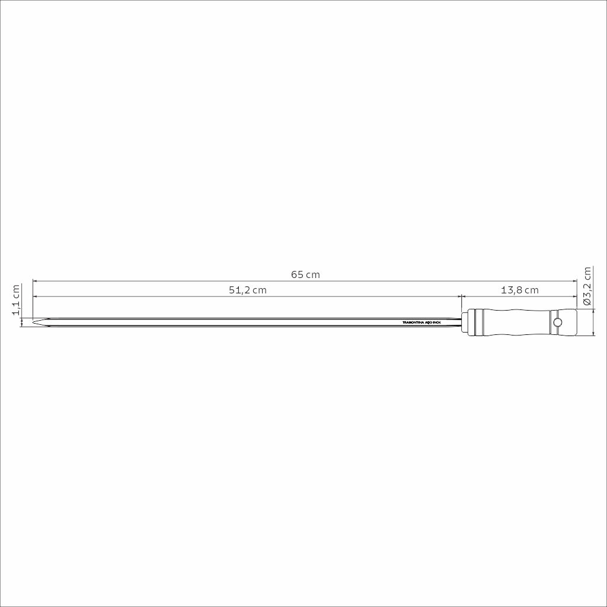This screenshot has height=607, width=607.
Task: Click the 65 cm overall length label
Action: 305,275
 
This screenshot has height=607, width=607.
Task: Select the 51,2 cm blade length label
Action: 248,290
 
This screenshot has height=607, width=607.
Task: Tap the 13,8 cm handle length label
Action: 519,290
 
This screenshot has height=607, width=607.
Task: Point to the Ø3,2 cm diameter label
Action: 587,286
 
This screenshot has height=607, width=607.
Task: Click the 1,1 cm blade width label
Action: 17,300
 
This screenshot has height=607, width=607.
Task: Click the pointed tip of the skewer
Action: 34,322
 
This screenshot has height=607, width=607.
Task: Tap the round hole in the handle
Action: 557,322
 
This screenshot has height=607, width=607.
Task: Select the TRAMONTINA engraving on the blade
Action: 421,322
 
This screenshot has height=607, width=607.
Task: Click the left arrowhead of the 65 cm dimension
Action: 35,281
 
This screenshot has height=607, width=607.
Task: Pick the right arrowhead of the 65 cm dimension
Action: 574,281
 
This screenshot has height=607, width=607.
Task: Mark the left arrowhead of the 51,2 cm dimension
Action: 35,296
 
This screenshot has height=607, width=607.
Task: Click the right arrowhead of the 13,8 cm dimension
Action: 574,296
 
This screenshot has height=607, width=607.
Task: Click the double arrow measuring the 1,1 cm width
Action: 23,322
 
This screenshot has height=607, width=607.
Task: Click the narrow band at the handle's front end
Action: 477,322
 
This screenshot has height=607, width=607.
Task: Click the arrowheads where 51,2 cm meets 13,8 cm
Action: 462,296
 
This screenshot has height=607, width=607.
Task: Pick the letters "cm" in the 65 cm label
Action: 314,275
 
